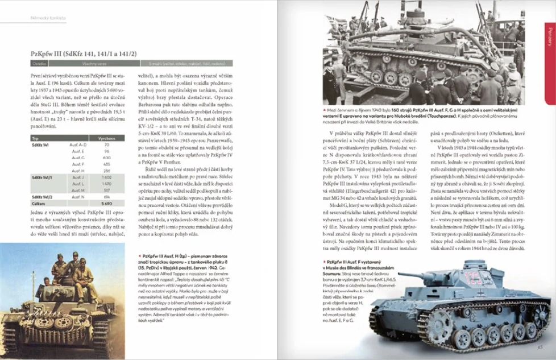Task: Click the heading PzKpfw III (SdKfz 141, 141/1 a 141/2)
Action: coord(84,53)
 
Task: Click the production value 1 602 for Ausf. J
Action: coord(106,177)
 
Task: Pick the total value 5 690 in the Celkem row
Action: coord(106,203)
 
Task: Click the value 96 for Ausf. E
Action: coord(106,151)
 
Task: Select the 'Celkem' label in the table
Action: coord(38,203)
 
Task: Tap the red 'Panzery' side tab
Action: coord(549,63)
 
